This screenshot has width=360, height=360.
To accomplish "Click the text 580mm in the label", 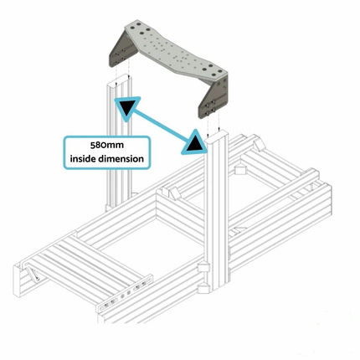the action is point(107,146).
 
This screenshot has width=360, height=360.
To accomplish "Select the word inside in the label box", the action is point(84,159).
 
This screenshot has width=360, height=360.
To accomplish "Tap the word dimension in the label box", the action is point(121,159).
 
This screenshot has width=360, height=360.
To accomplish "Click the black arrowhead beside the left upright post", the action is point(126,107).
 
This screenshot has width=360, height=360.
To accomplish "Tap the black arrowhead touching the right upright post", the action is point(195,143).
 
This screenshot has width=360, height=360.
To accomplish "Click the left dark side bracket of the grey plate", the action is point(122,49).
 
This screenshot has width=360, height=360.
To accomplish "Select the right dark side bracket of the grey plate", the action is point(213,99).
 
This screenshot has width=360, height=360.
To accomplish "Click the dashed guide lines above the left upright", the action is point(122,70).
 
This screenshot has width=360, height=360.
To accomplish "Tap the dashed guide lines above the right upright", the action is point(213,123).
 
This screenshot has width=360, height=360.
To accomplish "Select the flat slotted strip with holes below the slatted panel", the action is point(125,293).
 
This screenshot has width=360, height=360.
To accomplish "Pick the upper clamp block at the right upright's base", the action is point(203,267).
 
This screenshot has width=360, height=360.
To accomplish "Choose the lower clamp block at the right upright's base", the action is point(203,288).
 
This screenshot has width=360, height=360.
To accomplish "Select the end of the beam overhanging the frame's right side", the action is point(313,175).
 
